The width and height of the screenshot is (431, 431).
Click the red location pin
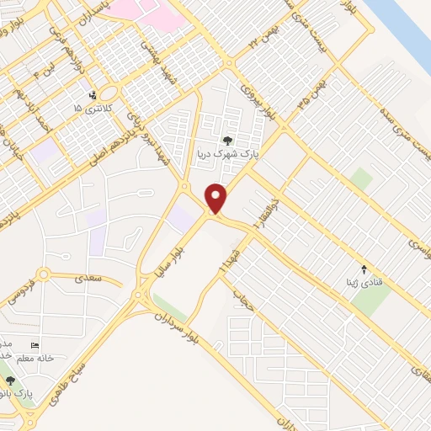tap(217, 197)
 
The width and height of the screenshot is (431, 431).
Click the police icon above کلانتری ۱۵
tap(93, 95)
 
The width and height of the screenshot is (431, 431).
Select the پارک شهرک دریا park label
tap(225, 155)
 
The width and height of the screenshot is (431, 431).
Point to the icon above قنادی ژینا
tap(364, 269)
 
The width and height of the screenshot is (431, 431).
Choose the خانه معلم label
tap(34, 358)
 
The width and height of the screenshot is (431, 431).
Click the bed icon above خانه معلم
tap(35, 345)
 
